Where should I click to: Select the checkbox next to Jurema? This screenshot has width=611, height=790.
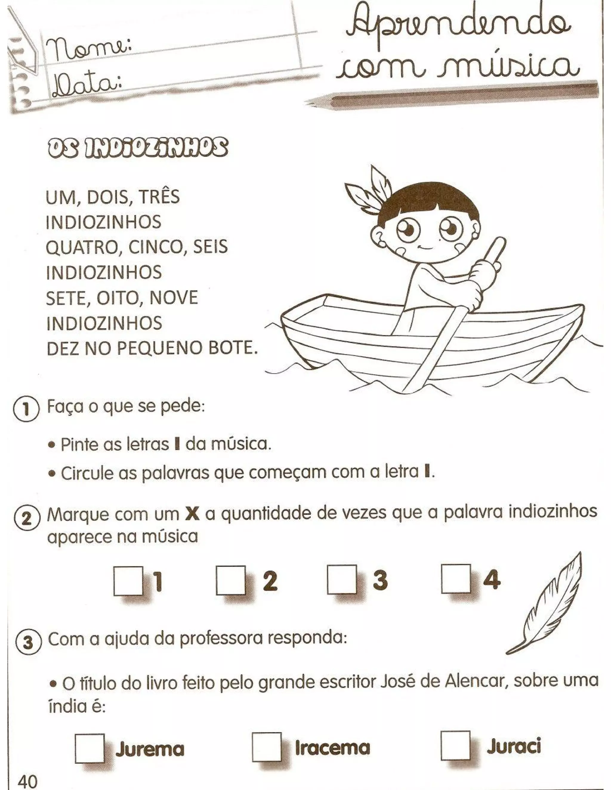click(x=90, y=748)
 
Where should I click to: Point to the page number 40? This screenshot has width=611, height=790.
click(x=27, y=780)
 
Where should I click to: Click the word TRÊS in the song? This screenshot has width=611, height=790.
click(x=160, y=197)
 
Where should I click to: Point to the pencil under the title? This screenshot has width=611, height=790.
click(x=453, y=95)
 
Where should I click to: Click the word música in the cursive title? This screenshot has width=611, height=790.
click(x=507, y=67)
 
